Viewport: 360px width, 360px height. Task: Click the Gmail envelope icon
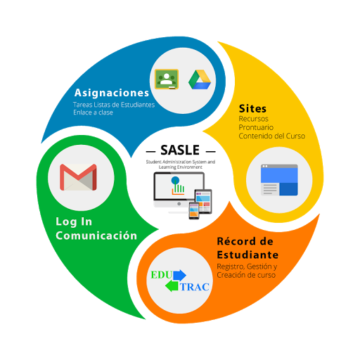coord(78,177)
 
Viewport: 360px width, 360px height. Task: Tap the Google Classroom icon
coord(167,79)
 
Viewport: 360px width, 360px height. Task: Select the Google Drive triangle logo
coord(200,79)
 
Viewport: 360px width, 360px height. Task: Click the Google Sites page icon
coord(279,180)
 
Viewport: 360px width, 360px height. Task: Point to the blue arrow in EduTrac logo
coord(180,275)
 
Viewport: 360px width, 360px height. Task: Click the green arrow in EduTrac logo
coord(172,286)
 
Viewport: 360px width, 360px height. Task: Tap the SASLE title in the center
coord(180,150)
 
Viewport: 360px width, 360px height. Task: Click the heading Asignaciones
coord(112,93)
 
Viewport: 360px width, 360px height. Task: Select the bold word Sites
coord(252,109)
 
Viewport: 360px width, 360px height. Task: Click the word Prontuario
coord(256,127)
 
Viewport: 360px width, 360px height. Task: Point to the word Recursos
coord(253,119)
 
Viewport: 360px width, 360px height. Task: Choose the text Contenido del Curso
coord(272,136)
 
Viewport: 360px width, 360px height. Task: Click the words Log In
coord(74,222)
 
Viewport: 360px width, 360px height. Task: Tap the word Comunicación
coord(96,236)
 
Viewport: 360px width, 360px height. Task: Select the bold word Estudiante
coord(247,255)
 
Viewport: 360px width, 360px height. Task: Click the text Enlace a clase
coord(93,112)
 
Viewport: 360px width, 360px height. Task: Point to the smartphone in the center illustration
coord(194,210)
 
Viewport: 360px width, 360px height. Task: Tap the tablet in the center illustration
coord(203,201)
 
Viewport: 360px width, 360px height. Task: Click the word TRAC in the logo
coord(195,287)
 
